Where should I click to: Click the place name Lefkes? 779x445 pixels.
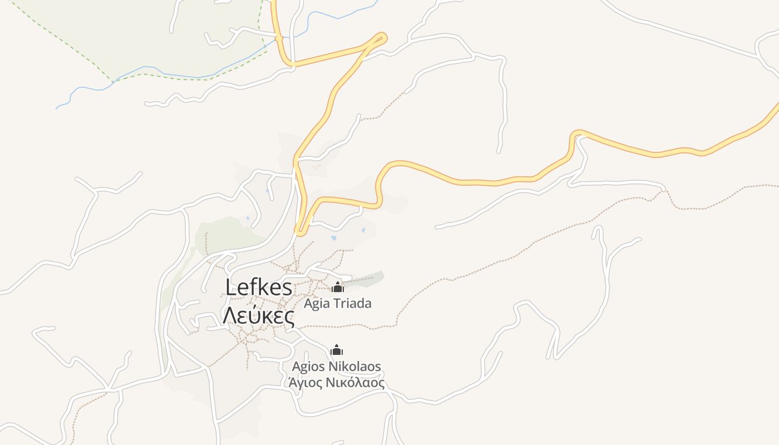click(x=259, y=288)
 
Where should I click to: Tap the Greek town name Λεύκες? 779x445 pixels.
click(x=259, y=315)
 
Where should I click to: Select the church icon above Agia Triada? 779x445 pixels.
click(x=337, y=287)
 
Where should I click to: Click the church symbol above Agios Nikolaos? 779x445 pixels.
click(x=337, y=350)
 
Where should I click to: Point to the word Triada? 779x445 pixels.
click(x=352, y=304)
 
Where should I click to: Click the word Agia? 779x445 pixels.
click(x=317, y=304)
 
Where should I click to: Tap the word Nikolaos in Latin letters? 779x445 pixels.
click(x=354, y=367)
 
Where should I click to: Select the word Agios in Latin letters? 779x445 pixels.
click(x=308, y=367)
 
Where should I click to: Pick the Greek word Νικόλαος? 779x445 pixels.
click(x=355, y=383)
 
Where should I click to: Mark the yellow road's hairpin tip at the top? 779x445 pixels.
click(x=382, y=37)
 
